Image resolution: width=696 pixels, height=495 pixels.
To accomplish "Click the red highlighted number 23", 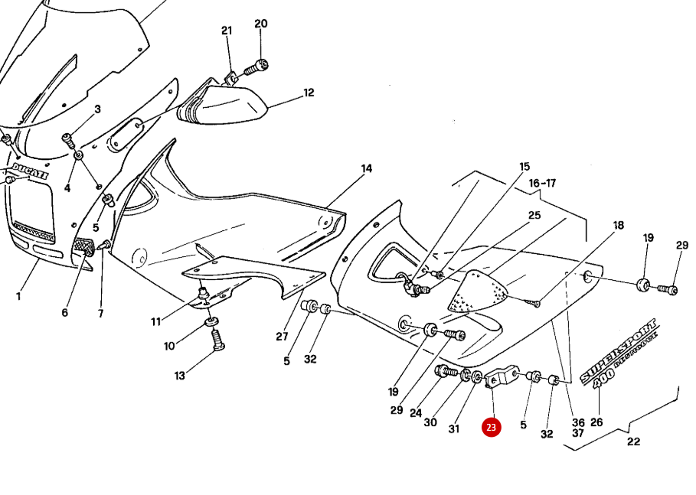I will pyautogui.click(x=491, y=427).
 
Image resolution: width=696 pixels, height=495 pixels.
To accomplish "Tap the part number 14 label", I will pyautogui.click(x=367, y=168).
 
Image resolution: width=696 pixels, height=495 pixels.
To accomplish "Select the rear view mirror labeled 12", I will pyautogui.click(x=226, y=106).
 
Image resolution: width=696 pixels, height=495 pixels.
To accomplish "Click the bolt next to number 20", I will pyautogui.click(x=254, y=70).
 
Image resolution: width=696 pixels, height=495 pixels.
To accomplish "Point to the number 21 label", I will pyautogui.click(x=227, y=31).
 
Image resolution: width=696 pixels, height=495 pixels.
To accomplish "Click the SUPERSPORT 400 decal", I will pyautogui.click(x=619, y=353).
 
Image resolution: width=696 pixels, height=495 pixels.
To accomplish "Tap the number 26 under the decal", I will pyautogui.click(x=596, y=422).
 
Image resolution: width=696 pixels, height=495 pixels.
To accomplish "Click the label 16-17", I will pyautogui.click(x=541, y=183).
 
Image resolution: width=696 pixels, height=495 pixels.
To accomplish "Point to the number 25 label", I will pyautogui.click(x=534, y=217).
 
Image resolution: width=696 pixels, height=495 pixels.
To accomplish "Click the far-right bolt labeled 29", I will pyautogui.click(x=668, y=290).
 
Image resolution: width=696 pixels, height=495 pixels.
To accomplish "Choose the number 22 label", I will pyautogui.click(x=633, y=441).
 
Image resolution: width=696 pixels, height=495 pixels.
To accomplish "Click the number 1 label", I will pyautogui.click(x=19, y=295).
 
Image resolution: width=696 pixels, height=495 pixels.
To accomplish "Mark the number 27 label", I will pyautogui.click(x=281, y=336).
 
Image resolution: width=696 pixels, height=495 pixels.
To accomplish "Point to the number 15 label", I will pyautogui.click(x=524, y=166).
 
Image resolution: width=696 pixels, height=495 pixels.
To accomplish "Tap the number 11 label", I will pyautogui.click(x=156, y=322).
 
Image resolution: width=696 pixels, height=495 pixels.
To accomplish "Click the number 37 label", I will pyautogui.click(x=578, y=433).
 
